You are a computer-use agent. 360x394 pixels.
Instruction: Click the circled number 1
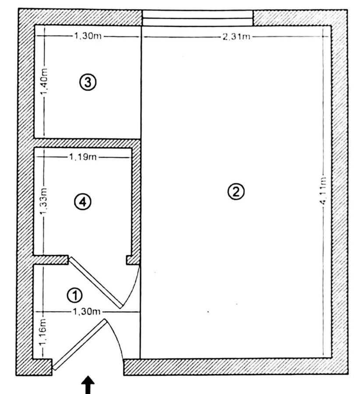[x=74, y=295]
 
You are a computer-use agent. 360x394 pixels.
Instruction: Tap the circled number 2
[x=236, y=192]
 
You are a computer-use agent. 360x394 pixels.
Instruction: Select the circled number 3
[x=88, y=82]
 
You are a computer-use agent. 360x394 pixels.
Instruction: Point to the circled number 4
[x=83, y=202]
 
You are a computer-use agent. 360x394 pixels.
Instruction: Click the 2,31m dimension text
[x=236, y=37]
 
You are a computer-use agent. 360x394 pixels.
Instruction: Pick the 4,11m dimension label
[x=324, y=190]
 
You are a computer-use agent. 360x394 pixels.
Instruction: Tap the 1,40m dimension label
[x=45, y=83]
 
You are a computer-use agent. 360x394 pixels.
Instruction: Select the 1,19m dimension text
[x=83, y=157]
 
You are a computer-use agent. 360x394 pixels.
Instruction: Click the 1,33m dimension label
[x=44, y=202]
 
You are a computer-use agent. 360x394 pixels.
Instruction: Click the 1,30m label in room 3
[x=88, y=36]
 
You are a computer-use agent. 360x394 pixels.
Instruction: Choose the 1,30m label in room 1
[x=86, y=312]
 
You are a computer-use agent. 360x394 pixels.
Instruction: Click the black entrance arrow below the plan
[x=88, y=385]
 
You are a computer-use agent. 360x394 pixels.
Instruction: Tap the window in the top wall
[x=198, y=18]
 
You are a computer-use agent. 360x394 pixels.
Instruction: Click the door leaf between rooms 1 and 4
[x=96, y=282]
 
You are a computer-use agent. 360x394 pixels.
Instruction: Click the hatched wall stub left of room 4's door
[x=50, y=260]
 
